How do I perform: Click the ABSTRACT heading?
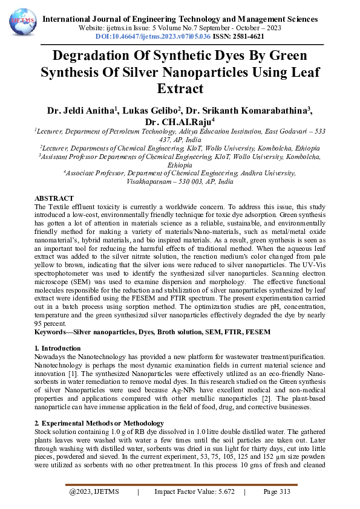click(54, 198)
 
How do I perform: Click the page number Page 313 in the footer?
click(277, 492)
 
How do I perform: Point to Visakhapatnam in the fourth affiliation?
click(151, 181)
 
